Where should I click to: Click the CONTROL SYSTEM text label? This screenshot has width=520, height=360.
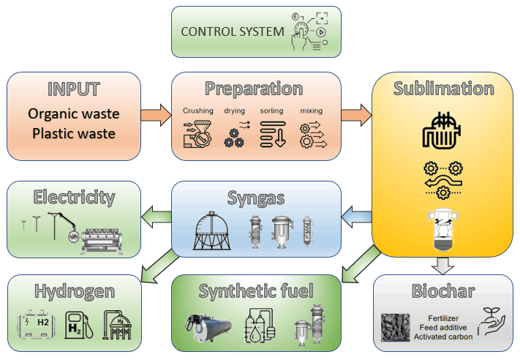pos(232,31)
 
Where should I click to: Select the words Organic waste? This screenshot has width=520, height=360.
pos(73,114)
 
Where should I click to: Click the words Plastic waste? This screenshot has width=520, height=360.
pos(73,135)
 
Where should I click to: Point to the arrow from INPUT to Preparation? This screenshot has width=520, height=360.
pos(155,115)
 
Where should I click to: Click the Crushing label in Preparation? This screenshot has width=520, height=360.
pos(198,111)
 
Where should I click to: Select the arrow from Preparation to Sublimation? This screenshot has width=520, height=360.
pos(356,115)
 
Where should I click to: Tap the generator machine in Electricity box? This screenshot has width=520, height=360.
pos(109,241)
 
